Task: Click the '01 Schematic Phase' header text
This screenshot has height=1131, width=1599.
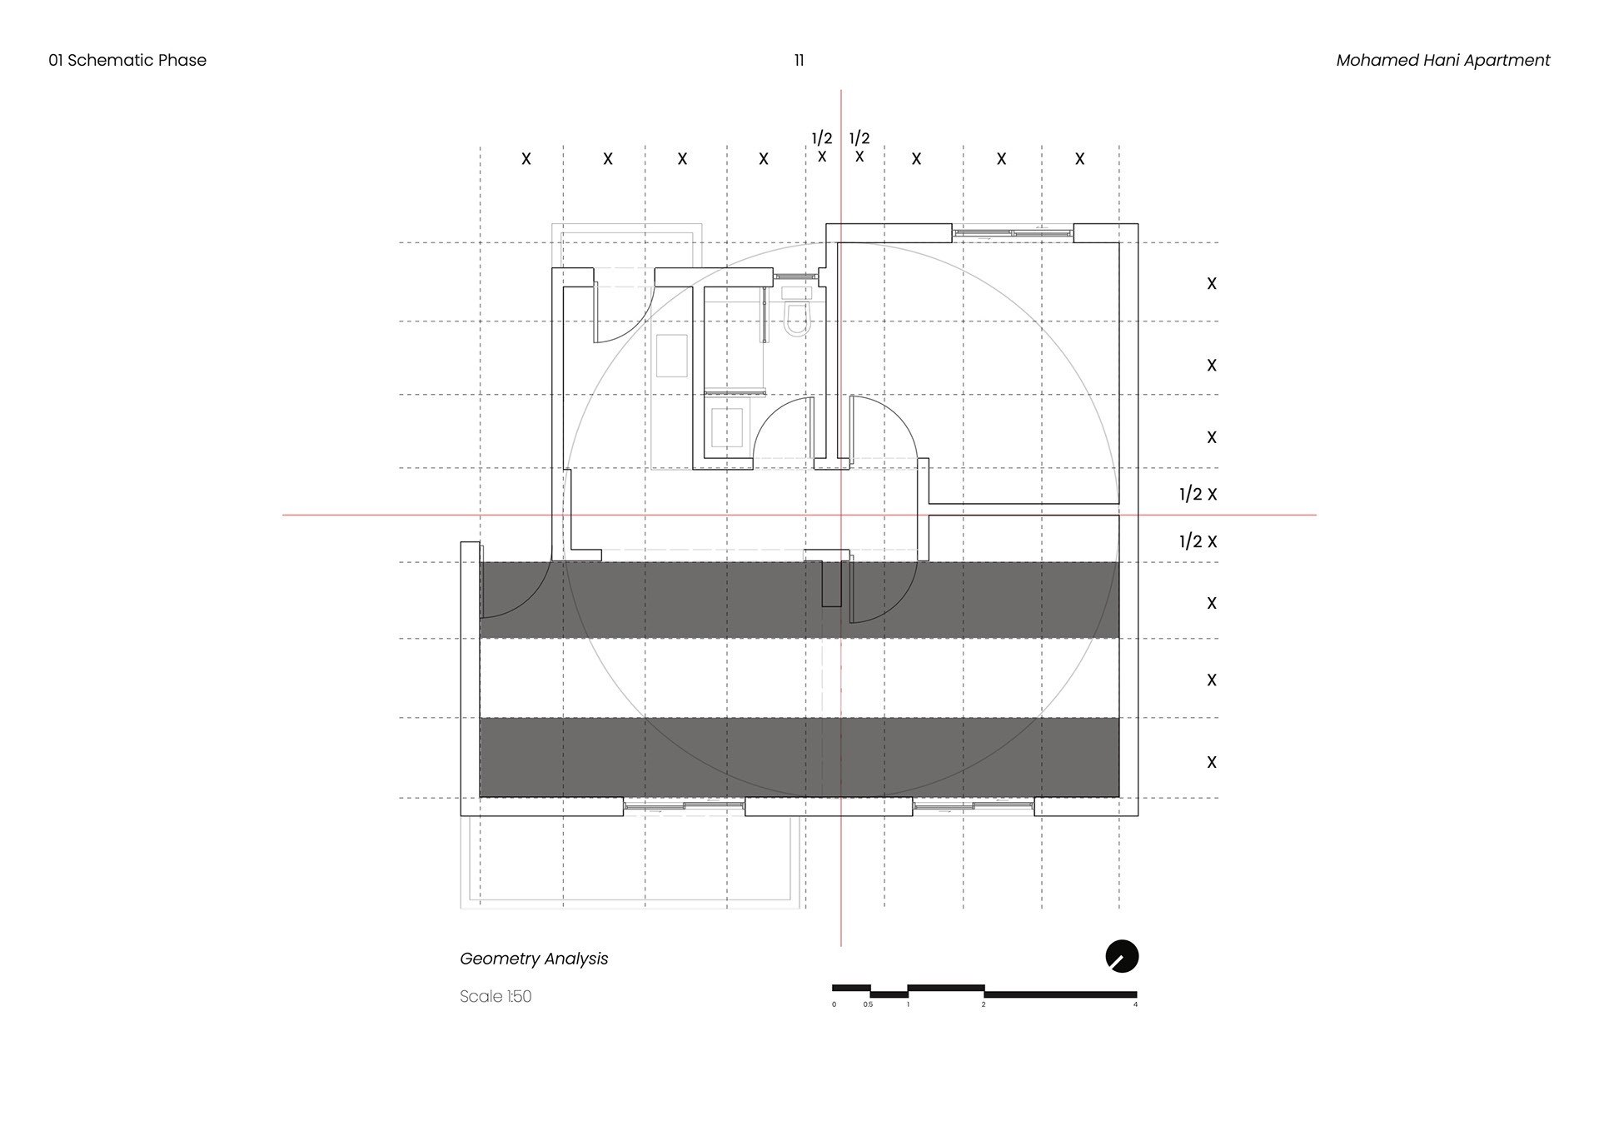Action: tap(127, 60)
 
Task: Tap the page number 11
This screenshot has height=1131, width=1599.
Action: tap(799, 60)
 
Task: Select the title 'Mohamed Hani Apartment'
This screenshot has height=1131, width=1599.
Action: tap(1442, 60)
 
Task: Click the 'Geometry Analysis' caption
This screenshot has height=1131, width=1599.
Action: tap(534, 959)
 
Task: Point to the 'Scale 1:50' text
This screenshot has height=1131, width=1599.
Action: tap(496, 996)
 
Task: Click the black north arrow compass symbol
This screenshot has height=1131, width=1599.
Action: tap(1122, 956)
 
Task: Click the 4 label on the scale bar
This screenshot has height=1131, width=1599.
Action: tap(1135, 1004)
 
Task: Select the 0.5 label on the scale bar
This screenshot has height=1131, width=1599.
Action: tap(868, 1004)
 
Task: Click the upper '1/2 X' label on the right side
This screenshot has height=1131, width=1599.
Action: tap(1198, 494)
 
